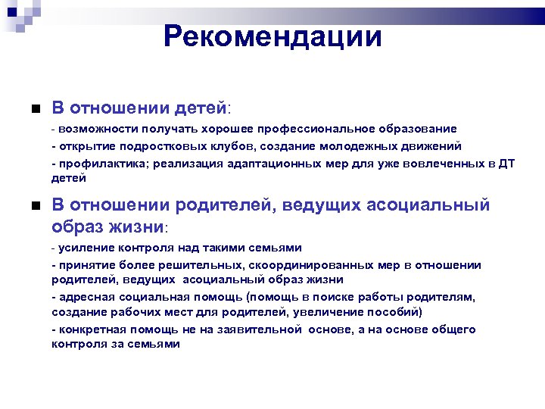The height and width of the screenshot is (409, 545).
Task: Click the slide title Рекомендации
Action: coord(272,36)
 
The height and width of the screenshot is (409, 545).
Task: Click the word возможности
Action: coord(94,129)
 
